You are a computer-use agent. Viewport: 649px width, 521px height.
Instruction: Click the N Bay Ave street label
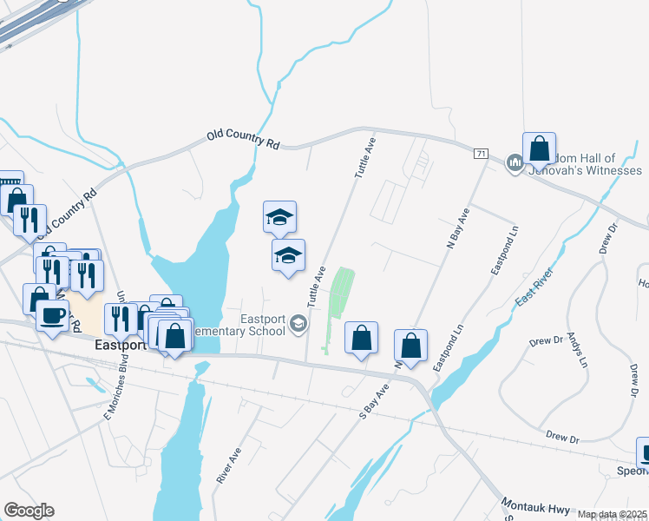point(457,229)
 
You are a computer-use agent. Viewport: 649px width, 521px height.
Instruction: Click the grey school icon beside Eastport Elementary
point(298,325)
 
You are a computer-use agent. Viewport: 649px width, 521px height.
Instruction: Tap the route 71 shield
point(481,154)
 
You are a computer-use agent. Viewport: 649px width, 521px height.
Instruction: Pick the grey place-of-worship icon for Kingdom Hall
point(514,162)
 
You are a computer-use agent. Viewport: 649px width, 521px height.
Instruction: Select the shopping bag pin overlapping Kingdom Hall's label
point(539,149)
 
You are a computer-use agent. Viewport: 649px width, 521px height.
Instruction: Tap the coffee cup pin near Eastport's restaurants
point(52,314)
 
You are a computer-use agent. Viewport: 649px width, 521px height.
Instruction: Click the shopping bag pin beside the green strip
point(361,339)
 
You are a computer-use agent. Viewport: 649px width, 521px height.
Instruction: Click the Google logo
point(29,511)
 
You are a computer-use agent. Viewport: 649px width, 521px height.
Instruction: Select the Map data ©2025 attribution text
point(611,514)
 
